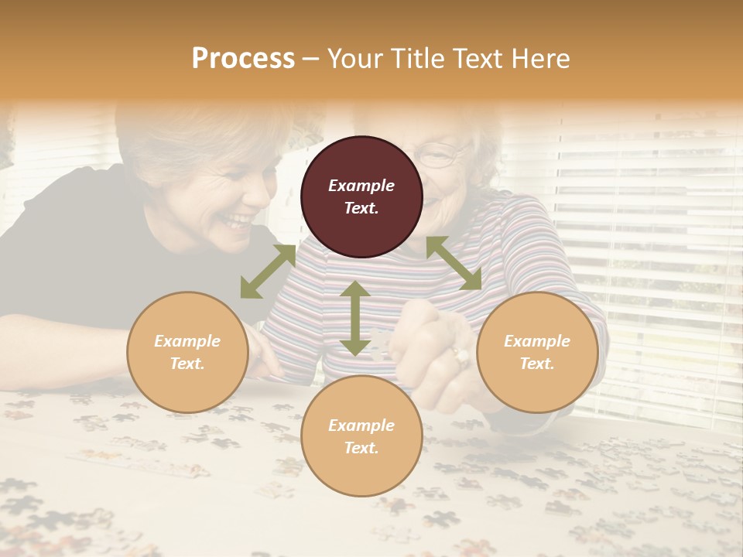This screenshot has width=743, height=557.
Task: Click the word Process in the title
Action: [243, 59]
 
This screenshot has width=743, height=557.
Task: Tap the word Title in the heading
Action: [419, 59]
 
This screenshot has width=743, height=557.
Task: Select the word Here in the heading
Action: [541, 59]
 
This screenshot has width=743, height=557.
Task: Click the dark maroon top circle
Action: [361, 197]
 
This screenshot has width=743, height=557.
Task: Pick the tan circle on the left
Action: [187, 352]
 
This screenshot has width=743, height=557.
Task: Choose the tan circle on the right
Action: [537, 352]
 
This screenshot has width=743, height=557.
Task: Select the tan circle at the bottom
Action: [361, 436]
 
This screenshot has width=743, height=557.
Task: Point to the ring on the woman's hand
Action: [461, 356]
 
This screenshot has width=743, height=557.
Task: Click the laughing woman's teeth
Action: [237, 221]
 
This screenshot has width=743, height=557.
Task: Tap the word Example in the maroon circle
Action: [361, 186]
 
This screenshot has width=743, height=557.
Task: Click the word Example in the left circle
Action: [187, 341]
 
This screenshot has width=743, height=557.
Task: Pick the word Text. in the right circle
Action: [537, 364]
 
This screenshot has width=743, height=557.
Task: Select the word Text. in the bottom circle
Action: [361, 448]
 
